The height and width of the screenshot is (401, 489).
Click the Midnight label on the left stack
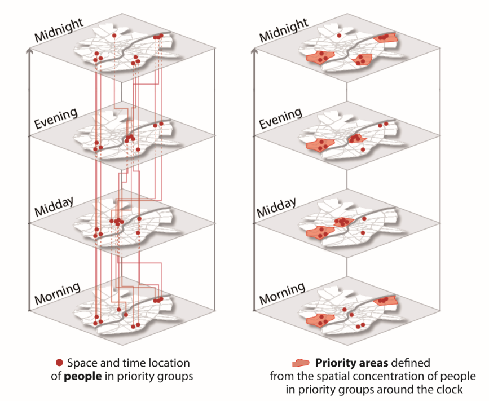[59, 30]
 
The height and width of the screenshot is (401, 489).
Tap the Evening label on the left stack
[55, 118]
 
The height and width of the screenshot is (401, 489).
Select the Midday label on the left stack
[54, 207]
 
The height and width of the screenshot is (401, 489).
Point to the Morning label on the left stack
[57, 294]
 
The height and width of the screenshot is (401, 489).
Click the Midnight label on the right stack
[284, 30]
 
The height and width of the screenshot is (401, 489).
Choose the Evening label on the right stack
[280, 118]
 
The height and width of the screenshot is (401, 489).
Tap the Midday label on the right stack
[276, 208]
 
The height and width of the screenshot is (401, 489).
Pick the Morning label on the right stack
[282, 294]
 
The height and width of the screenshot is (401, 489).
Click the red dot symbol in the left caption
[59, 363]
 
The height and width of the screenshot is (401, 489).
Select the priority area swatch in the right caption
[301, 363]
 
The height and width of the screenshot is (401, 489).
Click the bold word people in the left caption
[83, 376]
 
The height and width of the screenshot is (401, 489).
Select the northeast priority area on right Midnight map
[385, 38]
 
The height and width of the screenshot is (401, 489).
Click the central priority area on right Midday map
[343, 222]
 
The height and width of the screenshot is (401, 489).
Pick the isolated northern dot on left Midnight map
[114, 36]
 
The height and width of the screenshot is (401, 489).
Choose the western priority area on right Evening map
[320, 146]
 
